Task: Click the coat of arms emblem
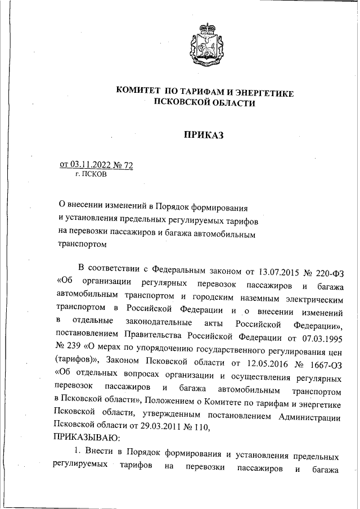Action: click(204, 43)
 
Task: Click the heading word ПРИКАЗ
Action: click(204, 134)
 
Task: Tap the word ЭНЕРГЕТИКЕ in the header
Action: click(260, 92)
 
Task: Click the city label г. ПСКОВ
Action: click(87, 174)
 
